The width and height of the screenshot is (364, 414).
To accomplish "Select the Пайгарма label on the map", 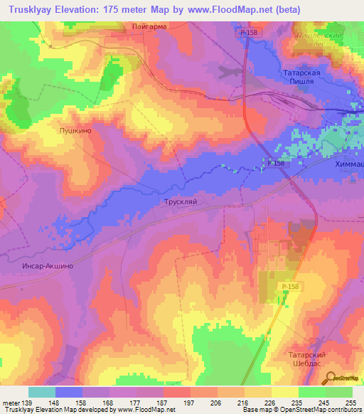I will [x=149, y=28].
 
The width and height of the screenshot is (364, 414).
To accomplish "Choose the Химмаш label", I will [x=348, y=163].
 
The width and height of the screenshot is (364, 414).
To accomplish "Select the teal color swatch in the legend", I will [x=42, y=392].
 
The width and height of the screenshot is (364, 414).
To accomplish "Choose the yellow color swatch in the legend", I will [x=284, y=392].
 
